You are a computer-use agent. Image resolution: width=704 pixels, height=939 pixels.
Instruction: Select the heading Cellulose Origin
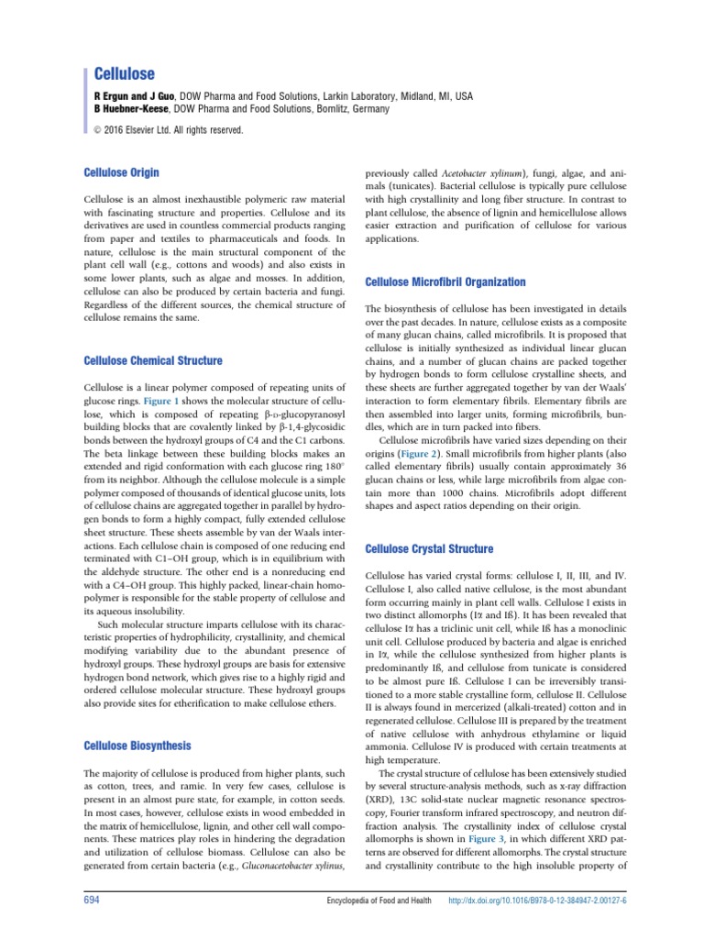[x=122, y=171]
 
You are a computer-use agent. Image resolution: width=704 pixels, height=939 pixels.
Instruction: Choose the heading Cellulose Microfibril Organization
[x=445, y=282]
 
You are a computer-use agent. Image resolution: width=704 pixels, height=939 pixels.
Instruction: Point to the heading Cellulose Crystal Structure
[x=429, y=549]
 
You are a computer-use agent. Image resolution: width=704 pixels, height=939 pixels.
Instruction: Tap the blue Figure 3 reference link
[x=485, y=837]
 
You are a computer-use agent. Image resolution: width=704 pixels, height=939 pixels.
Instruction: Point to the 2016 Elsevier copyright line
[x=170, y=130]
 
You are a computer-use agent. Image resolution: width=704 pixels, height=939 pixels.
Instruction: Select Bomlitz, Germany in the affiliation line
[x=358, y=108]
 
